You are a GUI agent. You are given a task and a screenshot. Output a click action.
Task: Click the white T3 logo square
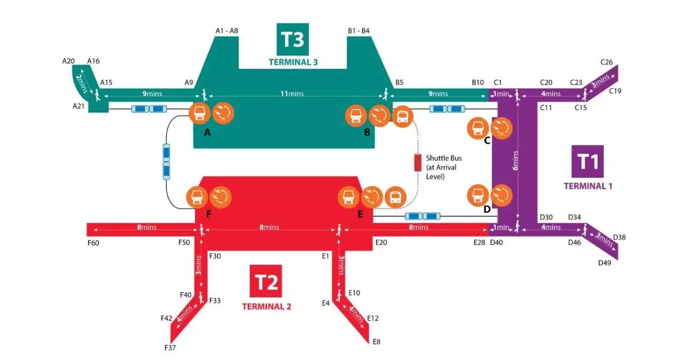point(292,39)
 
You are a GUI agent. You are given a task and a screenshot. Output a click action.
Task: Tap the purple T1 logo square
point(587,161)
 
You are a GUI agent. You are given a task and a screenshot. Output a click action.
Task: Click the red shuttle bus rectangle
point(417,162)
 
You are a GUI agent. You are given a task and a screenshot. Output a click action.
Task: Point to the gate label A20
point(69,61)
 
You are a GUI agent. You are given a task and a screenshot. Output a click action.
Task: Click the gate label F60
point(93,243)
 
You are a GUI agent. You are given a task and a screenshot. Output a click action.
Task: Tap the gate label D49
point(604,263)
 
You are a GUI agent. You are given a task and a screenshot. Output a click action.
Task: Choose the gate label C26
point(606,62)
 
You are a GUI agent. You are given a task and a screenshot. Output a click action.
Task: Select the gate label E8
point(377,341)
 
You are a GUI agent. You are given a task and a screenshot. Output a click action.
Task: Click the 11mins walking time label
point(292,94)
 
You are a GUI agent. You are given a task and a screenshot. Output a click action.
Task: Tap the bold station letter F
point(209,214)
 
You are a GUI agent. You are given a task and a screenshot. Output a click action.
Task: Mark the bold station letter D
point(487,209)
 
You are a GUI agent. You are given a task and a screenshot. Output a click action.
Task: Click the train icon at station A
point(199,113)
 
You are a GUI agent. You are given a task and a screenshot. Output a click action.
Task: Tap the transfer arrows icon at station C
point(501,128)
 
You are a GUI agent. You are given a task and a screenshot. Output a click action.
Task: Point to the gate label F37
point(169,348)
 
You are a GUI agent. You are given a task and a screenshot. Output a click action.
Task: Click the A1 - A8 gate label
point(226,31)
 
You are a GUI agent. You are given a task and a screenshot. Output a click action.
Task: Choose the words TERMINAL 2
point(266,307)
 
